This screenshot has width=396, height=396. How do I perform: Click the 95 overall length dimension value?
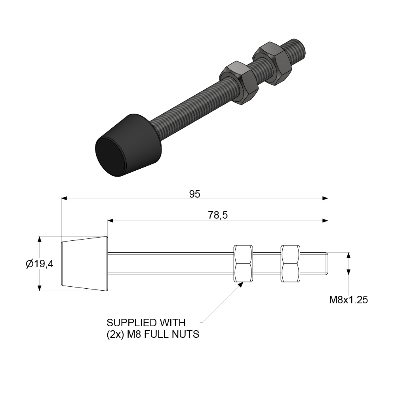(x=194, y=194)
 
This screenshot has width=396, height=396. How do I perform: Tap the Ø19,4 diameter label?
(x=39, y=264)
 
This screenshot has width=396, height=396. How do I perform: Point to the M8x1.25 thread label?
(x=348, y=300)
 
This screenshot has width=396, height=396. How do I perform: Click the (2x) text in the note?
(x=114, y=335)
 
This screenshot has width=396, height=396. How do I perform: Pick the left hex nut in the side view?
(x=244, y=264)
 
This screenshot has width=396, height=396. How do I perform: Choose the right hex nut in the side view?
(x=291, y=264)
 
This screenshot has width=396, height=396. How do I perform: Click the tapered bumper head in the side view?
(x=85, y=264)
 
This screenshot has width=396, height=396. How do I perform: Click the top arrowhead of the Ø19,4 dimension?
(x=39, y=239)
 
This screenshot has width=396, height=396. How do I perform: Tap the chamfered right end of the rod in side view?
(x=326, y=264)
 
